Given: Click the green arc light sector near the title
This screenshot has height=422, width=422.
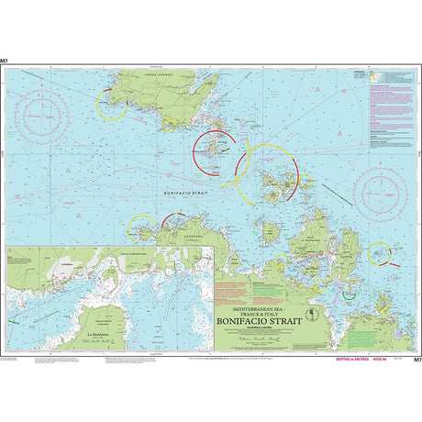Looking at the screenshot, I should (x=347, y=296).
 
